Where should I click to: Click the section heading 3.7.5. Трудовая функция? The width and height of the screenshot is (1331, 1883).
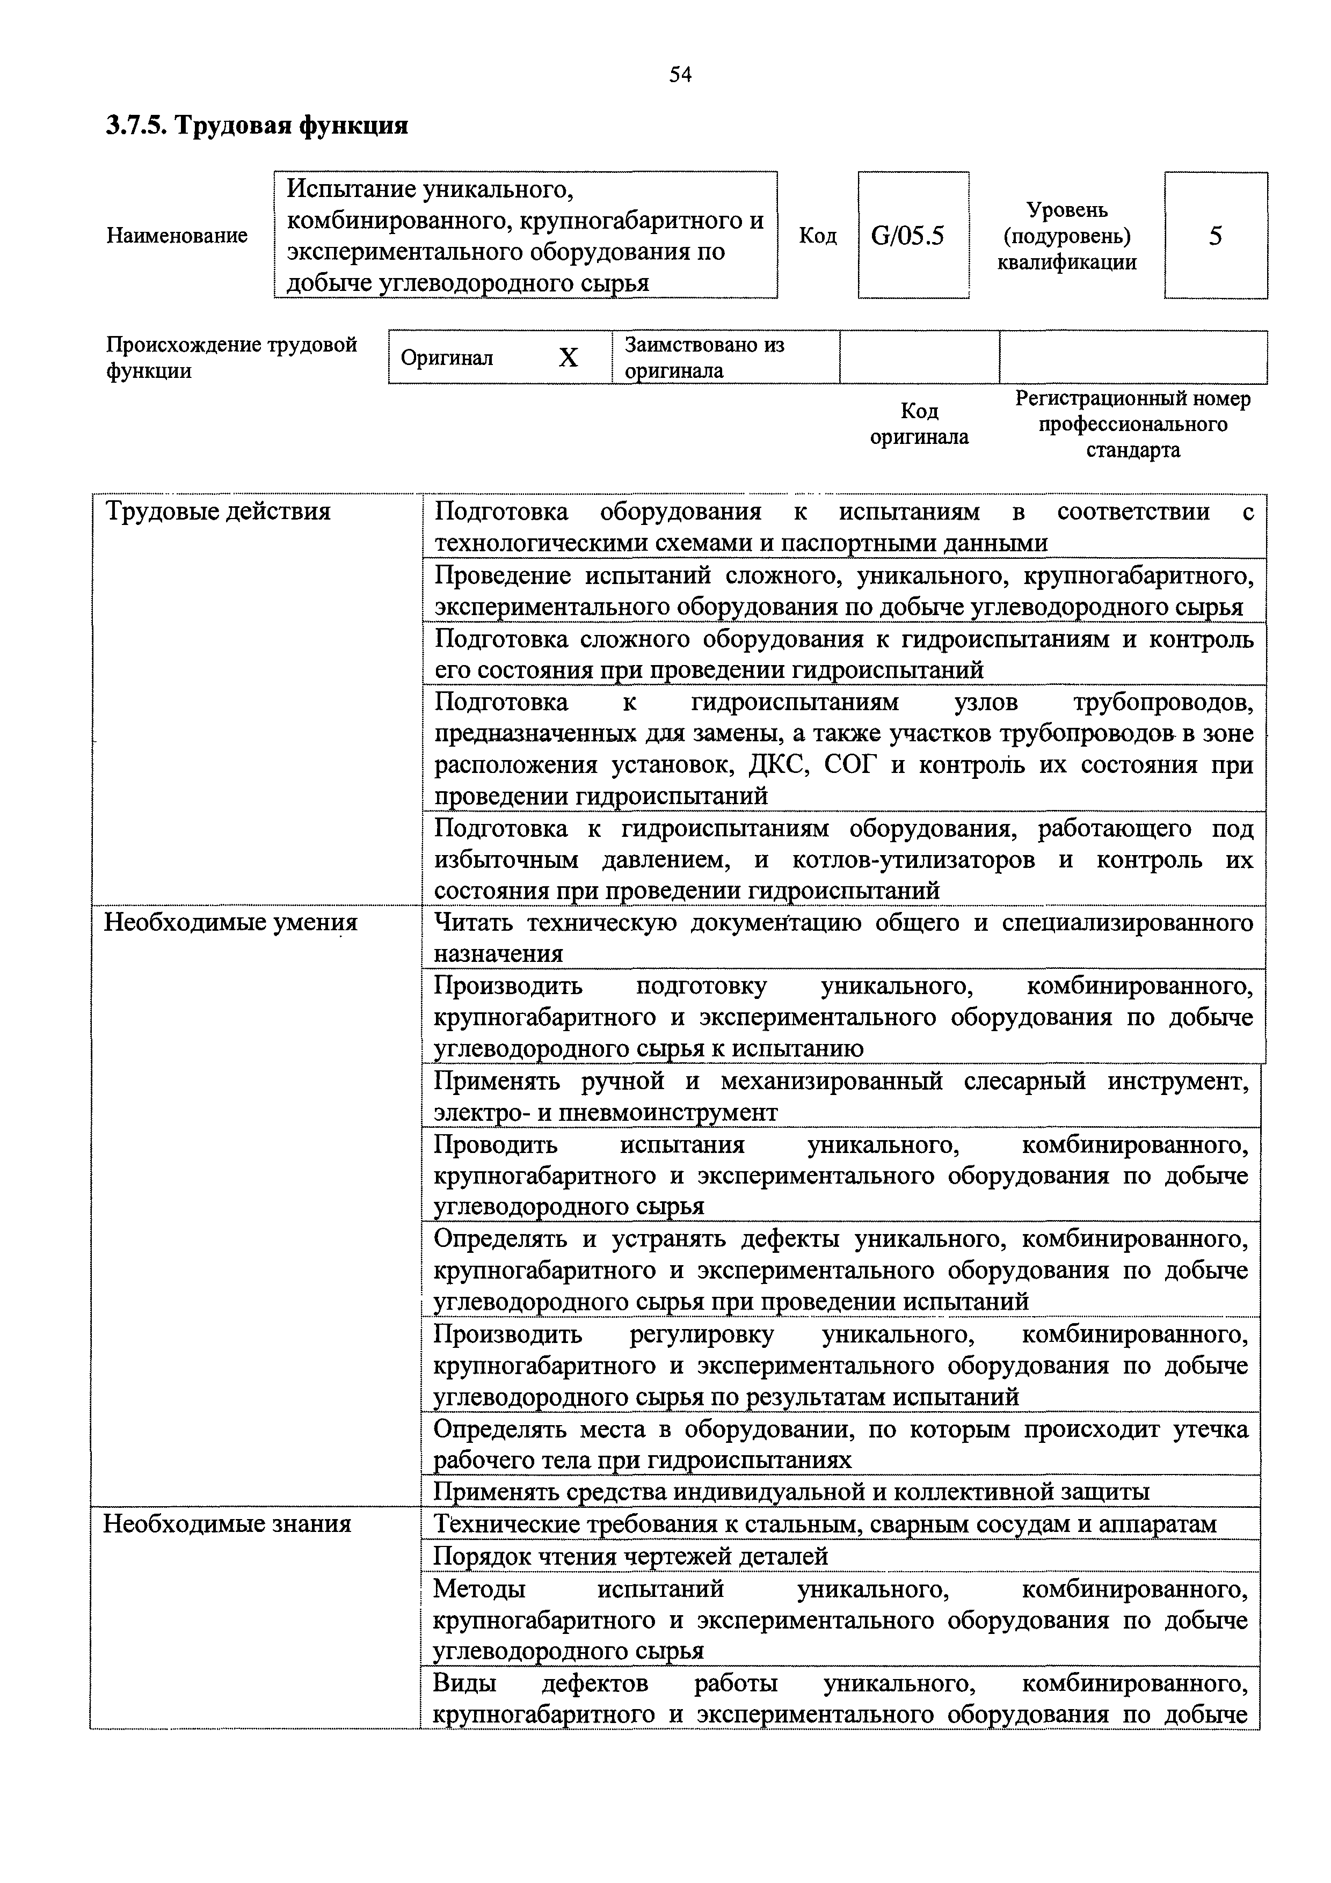coord(257,126)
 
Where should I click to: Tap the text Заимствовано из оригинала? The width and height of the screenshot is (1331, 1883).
coord(704,357)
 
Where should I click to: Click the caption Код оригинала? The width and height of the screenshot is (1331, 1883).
coord(919,423)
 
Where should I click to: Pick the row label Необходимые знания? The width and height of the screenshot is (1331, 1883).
coord(227,1524)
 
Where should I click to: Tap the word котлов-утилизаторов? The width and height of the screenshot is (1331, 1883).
coord(921,860)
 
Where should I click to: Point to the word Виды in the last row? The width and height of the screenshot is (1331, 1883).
coord(464,1684)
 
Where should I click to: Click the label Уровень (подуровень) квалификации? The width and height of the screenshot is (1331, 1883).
coord(1066,236)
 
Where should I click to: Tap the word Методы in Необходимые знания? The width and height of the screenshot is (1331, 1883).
coord(479,1588)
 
